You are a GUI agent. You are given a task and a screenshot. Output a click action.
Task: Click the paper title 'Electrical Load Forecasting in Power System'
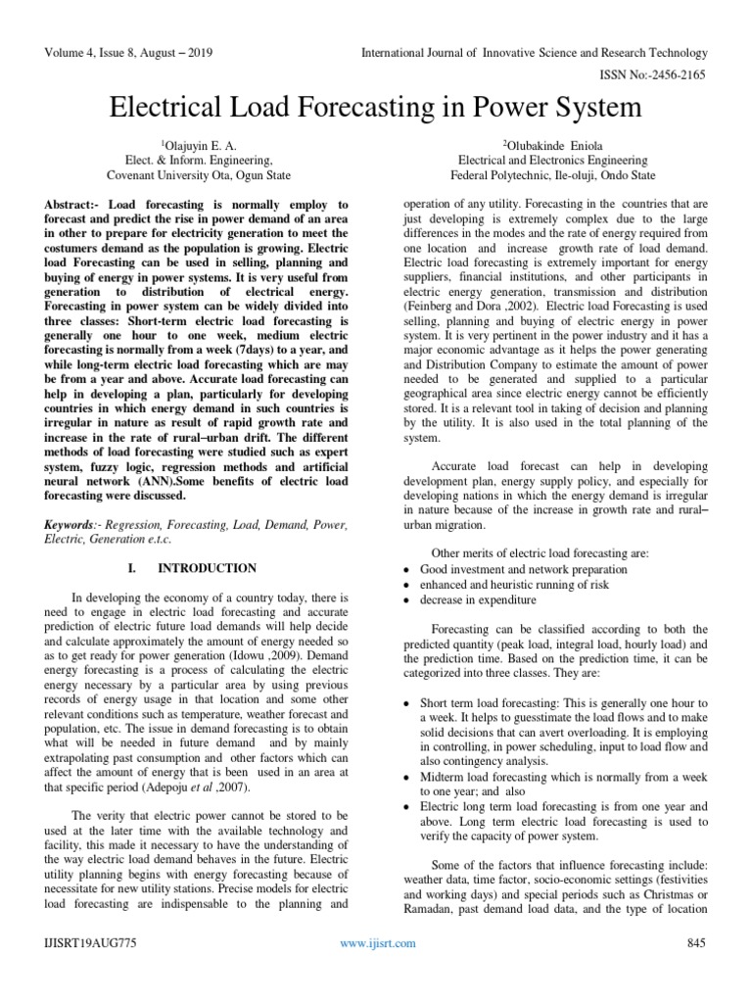[375, 106]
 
